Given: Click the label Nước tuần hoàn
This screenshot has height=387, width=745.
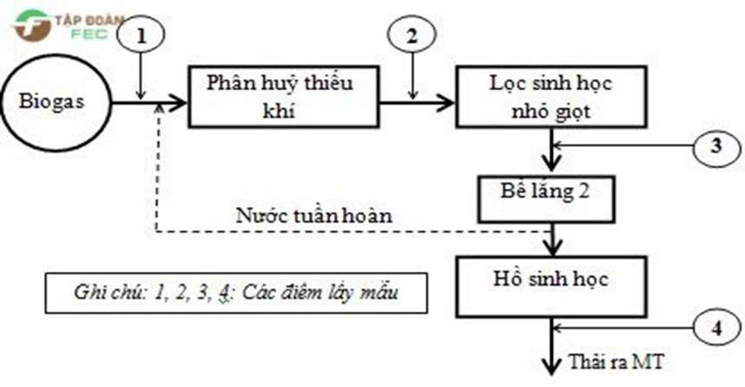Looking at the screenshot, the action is pyautogui.click(x=314, y=216).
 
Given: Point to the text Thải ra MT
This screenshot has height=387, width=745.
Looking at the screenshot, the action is pyautogui.click(x=616, y=362).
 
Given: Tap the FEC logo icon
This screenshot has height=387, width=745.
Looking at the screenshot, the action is pyautogui.click(x=32, y=26).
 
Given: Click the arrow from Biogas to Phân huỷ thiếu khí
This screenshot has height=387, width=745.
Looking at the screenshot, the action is pyautogui.click(x=149, y=102).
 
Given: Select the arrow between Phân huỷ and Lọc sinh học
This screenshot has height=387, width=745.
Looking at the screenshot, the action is pyautogui.click(x=417, y=102).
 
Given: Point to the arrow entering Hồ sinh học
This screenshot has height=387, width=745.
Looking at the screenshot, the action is pyautogui.click(x=552, y=240).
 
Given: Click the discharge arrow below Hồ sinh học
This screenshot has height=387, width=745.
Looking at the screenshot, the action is pyautogui.click(x=552, y=346).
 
